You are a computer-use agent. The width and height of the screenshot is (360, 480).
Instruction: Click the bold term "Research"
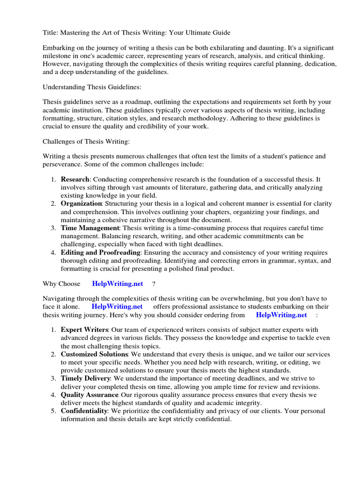click(x=75, y=180)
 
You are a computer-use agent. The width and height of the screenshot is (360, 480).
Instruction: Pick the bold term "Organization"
click(x=81, y=203)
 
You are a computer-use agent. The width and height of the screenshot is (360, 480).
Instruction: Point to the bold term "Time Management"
click(x=90, y=228)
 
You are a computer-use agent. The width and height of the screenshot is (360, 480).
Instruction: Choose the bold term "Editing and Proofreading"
click(x=100, y=252)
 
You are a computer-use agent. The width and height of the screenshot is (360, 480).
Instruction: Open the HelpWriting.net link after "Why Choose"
click(x=117, y=284)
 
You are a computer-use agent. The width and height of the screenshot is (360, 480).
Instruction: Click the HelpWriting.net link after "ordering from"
click(x=281, y=315)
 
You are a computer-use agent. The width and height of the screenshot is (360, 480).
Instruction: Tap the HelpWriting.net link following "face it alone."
click(x=117, y=307)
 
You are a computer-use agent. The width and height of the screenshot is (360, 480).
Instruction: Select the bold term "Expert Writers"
click(x=84, y=330)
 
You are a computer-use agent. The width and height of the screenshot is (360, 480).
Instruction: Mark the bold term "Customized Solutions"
click(x=94, y=354)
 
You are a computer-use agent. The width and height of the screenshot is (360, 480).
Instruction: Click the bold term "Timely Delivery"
click(x=85, y=378)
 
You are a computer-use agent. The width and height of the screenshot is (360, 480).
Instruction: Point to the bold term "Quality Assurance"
click(x=89, y=395)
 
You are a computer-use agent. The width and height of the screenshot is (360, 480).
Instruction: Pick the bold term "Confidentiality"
click(x=84, y=411)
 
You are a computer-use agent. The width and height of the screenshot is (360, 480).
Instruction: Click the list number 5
click(x=53, y=411)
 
